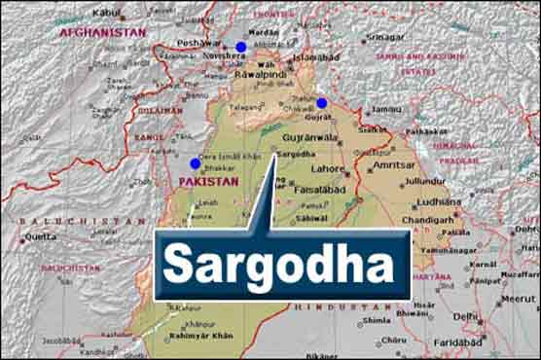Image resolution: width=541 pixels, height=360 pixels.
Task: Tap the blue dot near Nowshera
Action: pos(241,47)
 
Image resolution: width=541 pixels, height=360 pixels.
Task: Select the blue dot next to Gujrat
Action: pos(322,103)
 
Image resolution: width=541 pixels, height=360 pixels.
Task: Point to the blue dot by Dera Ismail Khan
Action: pos(196,163)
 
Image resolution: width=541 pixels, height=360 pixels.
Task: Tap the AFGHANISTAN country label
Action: pos(102,32)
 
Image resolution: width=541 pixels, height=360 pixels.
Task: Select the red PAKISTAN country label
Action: pos(209,182)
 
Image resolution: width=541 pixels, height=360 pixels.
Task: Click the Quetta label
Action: pos(40,235)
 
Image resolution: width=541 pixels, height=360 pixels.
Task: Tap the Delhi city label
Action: pos(465,317)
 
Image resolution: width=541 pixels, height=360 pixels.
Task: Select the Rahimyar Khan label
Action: pos(202,336)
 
